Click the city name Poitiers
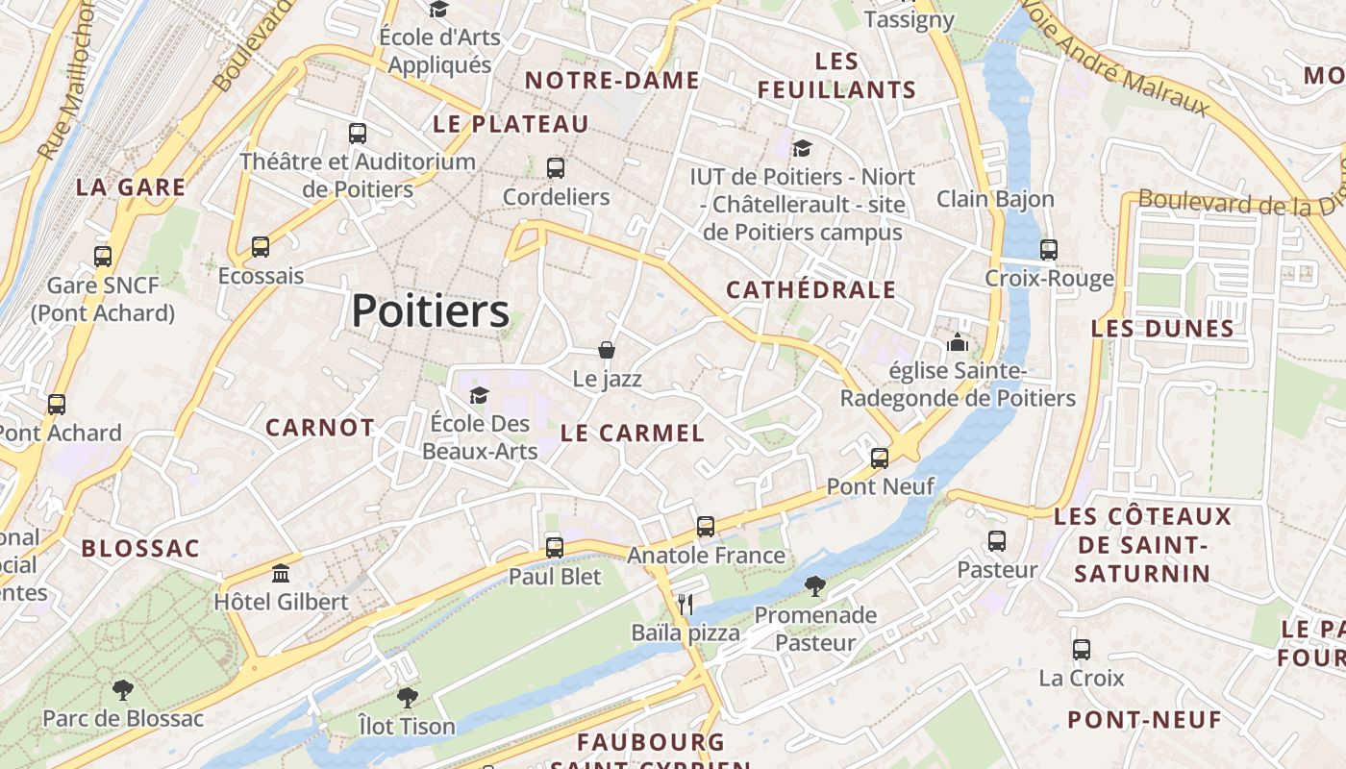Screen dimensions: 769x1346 pyautogui.click(x=430, y=310)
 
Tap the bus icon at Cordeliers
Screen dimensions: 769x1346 pyautogui.click(x=556, y=168)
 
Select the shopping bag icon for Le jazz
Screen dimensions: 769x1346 pyautogui.click(x=607, y=349)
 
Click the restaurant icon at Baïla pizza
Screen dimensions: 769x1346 pyautogui.click(x=685, y=604)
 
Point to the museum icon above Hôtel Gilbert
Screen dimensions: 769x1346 pyautogui.click(x=281, y=574)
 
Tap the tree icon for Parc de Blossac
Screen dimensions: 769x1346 pyautogui.click(x=122, y=689)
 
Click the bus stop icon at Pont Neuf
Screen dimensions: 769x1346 pyautogui.click(x=880, y=458)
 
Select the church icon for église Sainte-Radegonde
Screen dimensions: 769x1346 pyautogui.click(x=958, y=342)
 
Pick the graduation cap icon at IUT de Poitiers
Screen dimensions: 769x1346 pyautogui.click(x=802, y=148)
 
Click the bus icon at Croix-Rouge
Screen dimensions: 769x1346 pyautogui.click(x=1049, y=250)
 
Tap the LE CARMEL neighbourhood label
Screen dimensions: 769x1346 pyautogui.click(x=633, y=433)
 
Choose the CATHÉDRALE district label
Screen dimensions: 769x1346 pyautogui.click(x=810, y=289)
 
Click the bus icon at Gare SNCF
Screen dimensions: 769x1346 pyautogui.click(x=103, y=257)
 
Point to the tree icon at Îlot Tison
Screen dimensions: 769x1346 pyautogui.click(x=408, y=697)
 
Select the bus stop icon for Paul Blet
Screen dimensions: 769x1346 pyautogui.click(x=555, y=548)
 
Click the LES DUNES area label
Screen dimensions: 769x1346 pyautogui.click(x=1162, y=329)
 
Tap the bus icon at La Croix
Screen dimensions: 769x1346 pyautogui.click(x=1082, y=650)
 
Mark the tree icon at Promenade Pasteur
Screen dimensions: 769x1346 pyautogui.click(x=815, y=585)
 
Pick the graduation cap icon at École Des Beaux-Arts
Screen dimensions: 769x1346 pyautogui.click(x=479, y=395)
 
